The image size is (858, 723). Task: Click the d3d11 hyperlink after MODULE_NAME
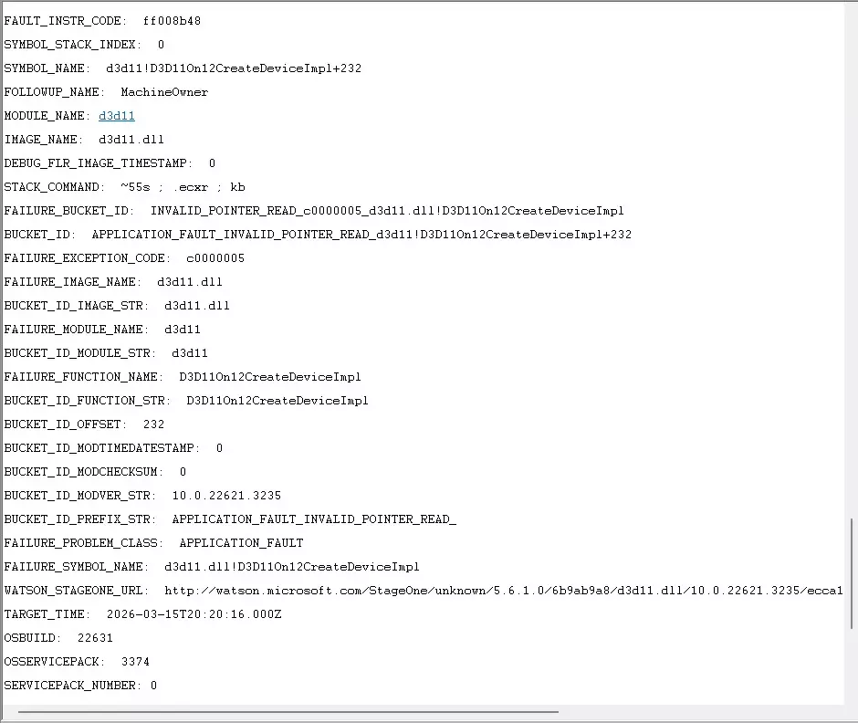pos(117,116)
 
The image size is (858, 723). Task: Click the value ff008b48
pos(172,21)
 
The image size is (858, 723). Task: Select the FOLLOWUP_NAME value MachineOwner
pos(164,92)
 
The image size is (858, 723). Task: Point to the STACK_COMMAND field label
pos(54,187)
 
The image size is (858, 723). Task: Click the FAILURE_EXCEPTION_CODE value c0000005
pos(215,258)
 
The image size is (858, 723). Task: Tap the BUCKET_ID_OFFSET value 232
pos(153,424)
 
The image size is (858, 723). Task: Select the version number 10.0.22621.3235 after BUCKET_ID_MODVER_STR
pos(226,496)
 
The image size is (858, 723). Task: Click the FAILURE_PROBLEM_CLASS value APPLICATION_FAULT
pos(241,543)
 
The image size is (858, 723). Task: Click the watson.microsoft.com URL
pos(504,591)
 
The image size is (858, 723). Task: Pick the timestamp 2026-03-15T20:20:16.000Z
pos(194,614)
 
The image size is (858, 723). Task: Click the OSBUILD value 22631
pos(95,638)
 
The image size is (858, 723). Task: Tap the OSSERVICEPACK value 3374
pos(135,662)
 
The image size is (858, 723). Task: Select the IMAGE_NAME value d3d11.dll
pos(131,140)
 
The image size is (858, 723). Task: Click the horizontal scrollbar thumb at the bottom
pos(288,712)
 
